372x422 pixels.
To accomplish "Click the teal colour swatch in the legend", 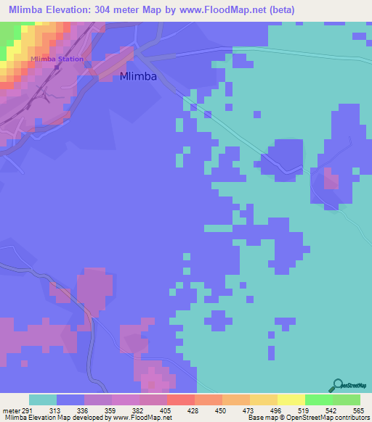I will point(43,400).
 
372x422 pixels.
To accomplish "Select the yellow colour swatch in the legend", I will point(291,400).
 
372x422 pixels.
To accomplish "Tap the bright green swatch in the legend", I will point(318,400).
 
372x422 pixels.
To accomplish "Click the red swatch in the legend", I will point(180,400).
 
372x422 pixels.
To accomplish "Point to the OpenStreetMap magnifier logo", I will point(337,386).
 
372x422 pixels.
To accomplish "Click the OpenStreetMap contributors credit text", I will point(331,418).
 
